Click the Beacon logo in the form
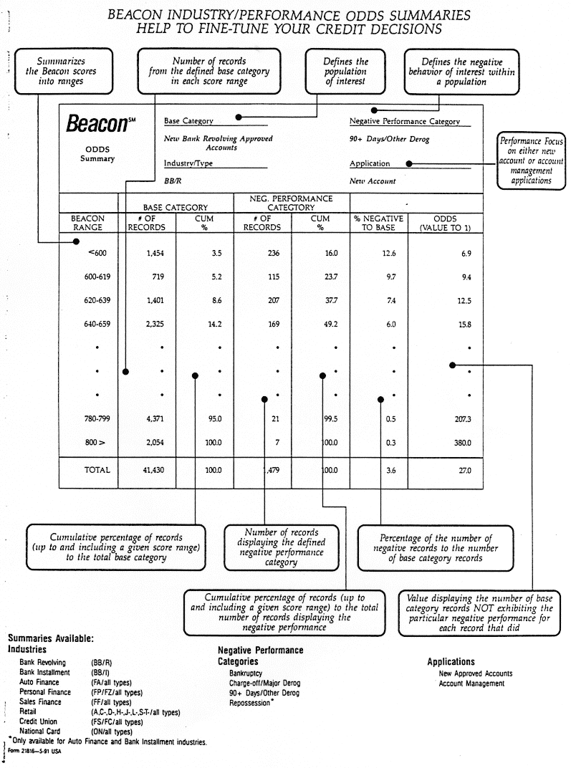coord(97,123)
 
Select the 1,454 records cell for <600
coord(155,253)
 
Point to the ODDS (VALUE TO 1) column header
coord(450,223)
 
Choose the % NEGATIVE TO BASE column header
coord(378,223)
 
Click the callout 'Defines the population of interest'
coord(346,72)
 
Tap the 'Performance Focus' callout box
coord(531,162)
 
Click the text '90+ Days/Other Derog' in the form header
coord(389,139)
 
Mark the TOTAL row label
coord(97,471)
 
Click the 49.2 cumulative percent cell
coord(331,324)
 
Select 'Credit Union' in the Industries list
coord(39,722)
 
